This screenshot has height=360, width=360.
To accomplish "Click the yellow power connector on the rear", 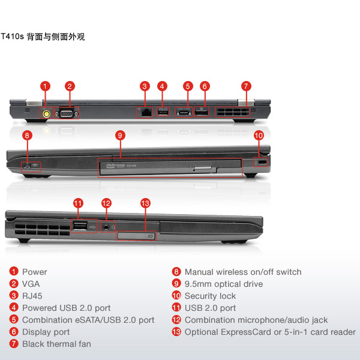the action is pyautogui.click(x=47, y=113).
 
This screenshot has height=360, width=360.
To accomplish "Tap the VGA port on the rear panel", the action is pyautogui.click(x=67, y=113).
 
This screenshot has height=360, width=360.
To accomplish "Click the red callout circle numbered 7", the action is pyautogui.click(x=246, y=86).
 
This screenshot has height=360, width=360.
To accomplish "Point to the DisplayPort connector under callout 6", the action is pyautogui.click(x=202, y=113).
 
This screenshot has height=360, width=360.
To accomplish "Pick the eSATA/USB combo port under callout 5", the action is pyautogui.click(x=184, y=113).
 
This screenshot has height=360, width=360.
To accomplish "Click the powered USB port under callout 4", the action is pyautogui.click(x=163, y=113).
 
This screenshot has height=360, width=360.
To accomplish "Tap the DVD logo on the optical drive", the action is pyautogui.click(x=112, y=166).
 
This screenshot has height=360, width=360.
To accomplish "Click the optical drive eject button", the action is pyautogui.click(x=203, y=168).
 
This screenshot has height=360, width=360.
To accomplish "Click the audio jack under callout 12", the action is pyautogui.click(x=106, y=227).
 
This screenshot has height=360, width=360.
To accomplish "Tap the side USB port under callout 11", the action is pyautogui.click(x=80, y=226).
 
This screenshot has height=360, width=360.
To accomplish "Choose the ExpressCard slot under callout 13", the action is pyautogui.click(x=136, y=236).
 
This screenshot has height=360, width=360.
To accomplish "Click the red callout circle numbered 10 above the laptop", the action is pyautogui.click(x=259, y=136).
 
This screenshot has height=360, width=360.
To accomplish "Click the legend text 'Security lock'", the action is pyautogui.click(x=210, y=296).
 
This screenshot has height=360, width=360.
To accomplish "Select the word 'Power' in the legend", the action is pyautogui.click(x=35, y=272).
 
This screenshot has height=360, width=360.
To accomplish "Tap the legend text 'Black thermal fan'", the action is pyautogui.click(x=56, y=344).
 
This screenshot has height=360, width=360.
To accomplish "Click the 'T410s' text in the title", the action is pyautogui.click(x=13, y=36).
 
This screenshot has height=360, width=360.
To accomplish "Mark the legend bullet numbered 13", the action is pyautogui.click(x=176, y=332).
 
